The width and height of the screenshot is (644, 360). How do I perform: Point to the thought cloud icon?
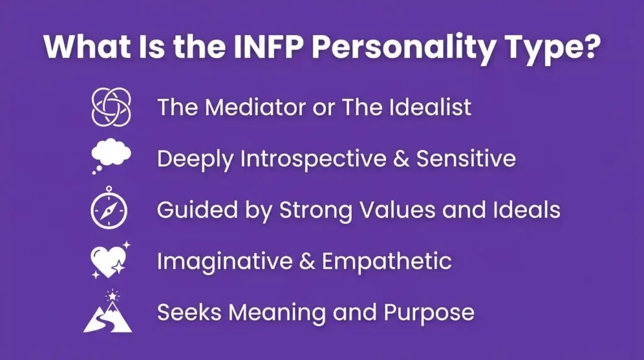click(x=111, y=157)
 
